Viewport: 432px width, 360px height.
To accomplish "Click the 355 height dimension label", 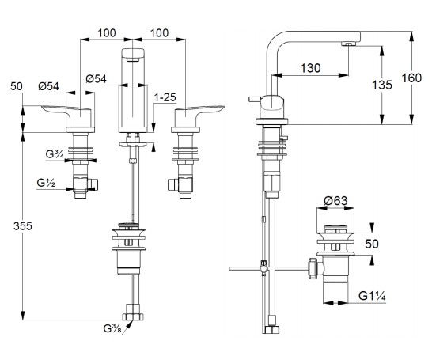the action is pos(23,226).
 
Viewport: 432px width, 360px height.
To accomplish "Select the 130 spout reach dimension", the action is pos(310,68).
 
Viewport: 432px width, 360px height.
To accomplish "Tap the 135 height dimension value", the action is pos(382,85).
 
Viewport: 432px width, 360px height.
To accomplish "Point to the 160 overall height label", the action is pos(411,78).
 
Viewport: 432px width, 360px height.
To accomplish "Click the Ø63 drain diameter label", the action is pos(335,200).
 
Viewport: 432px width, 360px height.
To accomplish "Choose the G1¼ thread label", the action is pos(372,296).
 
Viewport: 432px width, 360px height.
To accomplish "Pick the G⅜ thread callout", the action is pos(112,328).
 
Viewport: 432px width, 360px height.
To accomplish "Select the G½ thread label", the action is pos(46,183).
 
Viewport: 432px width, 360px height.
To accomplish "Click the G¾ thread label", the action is pos(55,154).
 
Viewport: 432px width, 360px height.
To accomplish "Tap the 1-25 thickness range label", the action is pos(165,97).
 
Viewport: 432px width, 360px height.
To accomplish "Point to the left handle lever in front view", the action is pos(66,111).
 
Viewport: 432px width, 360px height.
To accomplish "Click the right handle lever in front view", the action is pos(199,111).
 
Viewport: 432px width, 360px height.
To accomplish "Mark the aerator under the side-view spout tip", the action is pos(348,44).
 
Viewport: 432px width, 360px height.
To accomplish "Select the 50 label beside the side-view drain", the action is pos(372,244).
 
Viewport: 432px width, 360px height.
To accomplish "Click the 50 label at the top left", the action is pos(17,86).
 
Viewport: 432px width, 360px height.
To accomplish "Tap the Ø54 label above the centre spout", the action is pos(96,79).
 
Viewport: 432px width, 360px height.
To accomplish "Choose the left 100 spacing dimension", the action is pos(107,33).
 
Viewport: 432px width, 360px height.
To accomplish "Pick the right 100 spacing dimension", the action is pos(159,33).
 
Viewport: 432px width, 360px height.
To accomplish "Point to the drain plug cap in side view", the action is pos(335,228).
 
